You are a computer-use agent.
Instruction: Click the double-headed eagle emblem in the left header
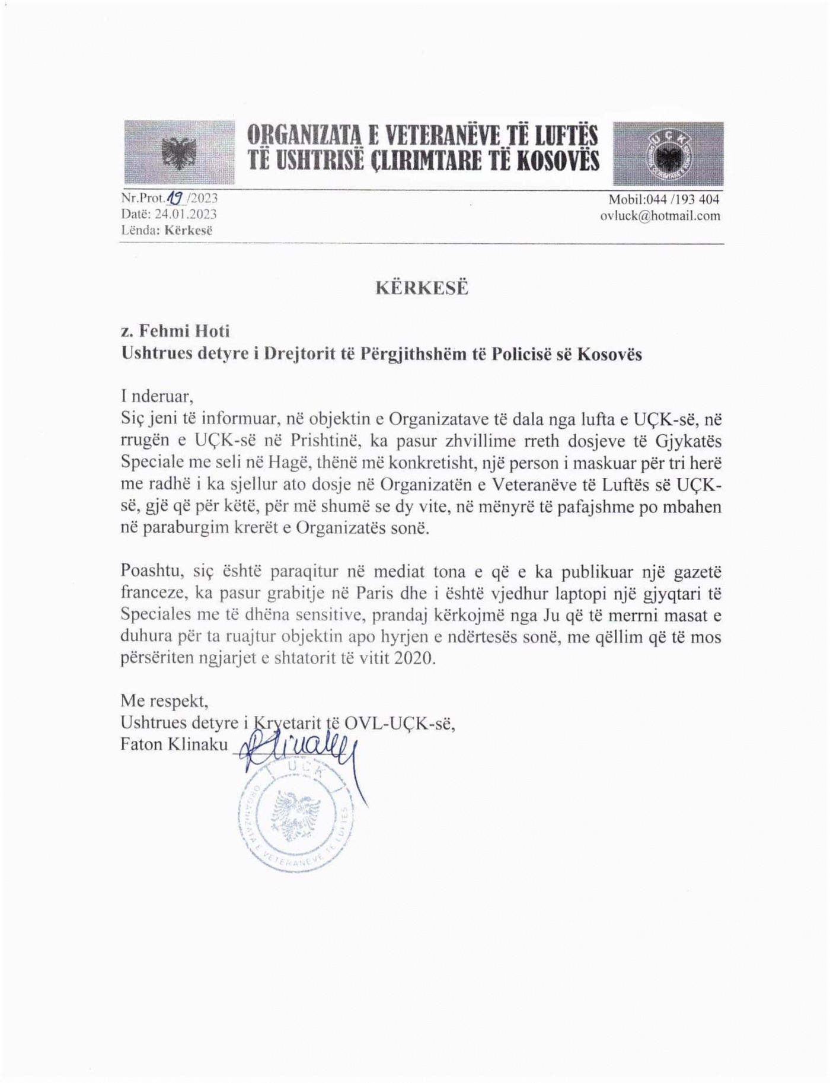[178, 153]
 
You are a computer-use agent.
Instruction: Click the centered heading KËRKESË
[422, 288]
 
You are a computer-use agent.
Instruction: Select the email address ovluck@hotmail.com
[660, 216]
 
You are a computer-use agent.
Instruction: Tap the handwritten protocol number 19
[176, 198]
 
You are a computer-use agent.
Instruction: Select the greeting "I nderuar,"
[157, 396]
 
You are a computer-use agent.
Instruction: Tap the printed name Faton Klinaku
[174, 744]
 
